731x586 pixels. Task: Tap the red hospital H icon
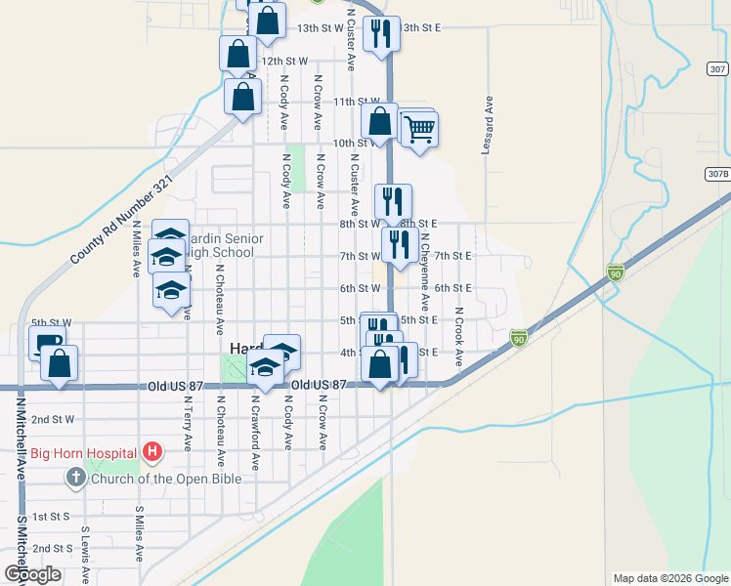(x=151, y=451)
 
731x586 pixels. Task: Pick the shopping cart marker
(x=419, y=128)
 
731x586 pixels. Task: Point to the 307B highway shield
(x=716, y=174)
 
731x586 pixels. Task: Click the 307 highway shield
(x=716, y=69)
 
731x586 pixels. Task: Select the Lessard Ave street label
(x=486, y=125)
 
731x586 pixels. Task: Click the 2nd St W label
(x=53, y=419)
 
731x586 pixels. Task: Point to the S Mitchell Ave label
(x=19, y=528)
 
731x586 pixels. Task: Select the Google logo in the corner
(x=32, y=574)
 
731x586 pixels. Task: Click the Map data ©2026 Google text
(x=669, y=578)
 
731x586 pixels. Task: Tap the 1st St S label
(x=53, y=516)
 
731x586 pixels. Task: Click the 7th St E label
(x=453, y=256)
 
